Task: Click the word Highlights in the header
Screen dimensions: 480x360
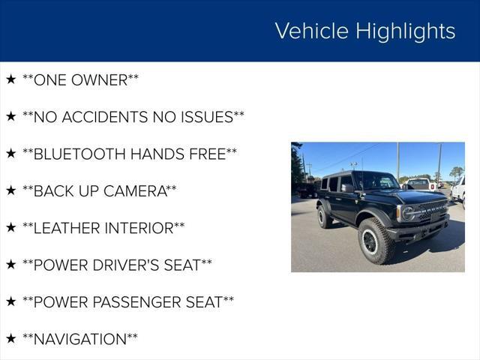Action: [405, 31]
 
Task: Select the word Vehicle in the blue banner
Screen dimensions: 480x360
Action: [312, 31]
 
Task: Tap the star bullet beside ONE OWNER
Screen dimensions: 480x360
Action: [11, 79]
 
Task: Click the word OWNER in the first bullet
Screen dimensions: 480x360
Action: [100, 80]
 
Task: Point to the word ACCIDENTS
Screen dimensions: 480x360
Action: [105, 117]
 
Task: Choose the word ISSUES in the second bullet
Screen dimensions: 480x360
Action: [207, 117]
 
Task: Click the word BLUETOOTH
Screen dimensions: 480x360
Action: [79, 154]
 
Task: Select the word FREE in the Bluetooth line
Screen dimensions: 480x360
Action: [208, 154]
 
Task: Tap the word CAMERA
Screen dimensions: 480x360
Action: [135, 191]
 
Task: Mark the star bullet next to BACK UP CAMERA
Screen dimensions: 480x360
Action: [11, 190]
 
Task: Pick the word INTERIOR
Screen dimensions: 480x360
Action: [139, 228]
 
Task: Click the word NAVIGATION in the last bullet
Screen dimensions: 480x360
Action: [80, 339]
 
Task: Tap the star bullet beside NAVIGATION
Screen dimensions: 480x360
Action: [11, 338]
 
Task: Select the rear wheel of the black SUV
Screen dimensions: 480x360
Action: [323, 217]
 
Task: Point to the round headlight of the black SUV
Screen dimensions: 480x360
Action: [407, 213]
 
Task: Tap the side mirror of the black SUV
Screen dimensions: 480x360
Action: [347, 188]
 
